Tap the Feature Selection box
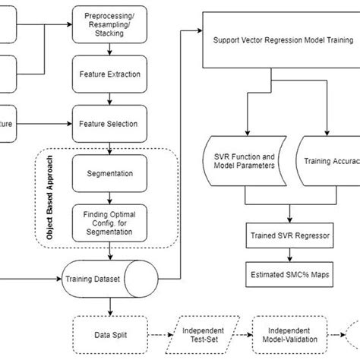[x=111, y=122]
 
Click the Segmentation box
[x=111, y=174]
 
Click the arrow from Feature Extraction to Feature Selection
[x=111, y=99]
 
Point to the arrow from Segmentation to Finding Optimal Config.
[x=111, y=197]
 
